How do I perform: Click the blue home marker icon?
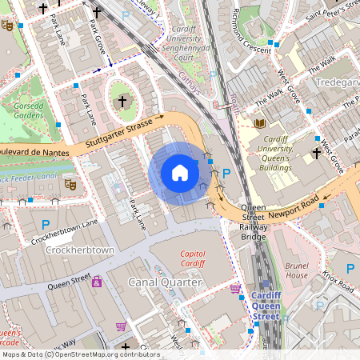point(180,172)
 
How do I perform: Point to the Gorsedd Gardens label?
point(28,109)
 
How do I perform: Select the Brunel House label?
point(297,269)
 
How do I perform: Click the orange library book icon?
point(258,123)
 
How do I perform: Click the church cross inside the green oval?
point(122,101)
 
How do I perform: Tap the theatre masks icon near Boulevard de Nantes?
point(70,183)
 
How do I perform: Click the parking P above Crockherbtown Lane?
point(46,225)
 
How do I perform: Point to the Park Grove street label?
point(94,39)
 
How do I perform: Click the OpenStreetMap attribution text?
point(70,354)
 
